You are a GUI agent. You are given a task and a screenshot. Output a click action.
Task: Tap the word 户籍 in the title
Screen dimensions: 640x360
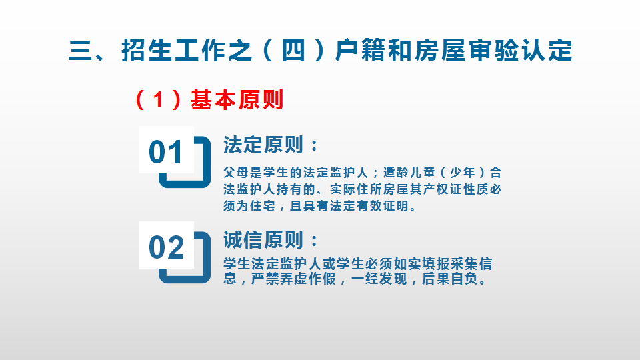[361, 51]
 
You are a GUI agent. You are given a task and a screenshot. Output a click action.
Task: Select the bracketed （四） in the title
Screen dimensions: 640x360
[293, 51]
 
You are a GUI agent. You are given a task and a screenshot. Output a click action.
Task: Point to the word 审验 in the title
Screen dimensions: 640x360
[493, 51]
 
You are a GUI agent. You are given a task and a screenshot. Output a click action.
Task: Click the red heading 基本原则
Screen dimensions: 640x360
[237, 100]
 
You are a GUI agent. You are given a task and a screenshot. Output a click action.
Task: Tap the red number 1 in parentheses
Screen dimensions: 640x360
[159, 100]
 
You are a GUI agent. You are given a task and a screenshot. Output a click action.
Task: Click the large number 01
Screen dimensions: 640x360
[166, 152]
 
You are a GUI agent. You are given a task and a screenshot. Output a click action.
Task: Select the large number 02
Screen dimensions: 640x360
[166, 247]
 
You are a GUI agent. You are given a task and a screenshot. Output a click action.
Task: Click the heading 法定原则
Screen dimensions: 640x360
[263, 145]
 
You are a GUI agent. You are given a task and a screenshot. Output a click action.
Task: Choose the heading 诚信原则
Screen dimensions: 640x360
[263, 240]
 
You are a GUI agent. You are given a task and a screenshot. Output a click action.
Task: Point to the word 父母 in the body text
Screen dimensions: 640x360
[236, 173]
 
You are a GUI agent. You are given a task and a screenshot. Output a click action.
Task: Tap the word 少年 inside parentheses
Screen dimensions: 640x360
[463, 173]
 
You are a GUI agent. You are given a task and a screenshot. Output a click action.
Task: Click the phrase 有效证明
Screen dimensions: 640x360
[382, 206]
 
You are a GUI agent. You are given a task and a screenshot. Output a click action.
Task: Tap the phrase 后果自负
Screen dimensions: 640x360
[449, 279]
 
